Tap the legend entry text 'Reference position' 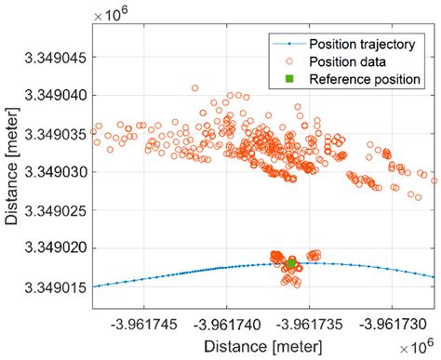[x=364, y=79]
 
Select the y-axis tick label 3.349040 [x=58, y=95]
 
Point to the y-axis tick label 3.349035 [x=58, y=133]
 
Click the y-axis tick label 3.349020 [x=58, y=248]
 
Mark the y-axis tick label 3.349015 [x=58, y=287]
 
